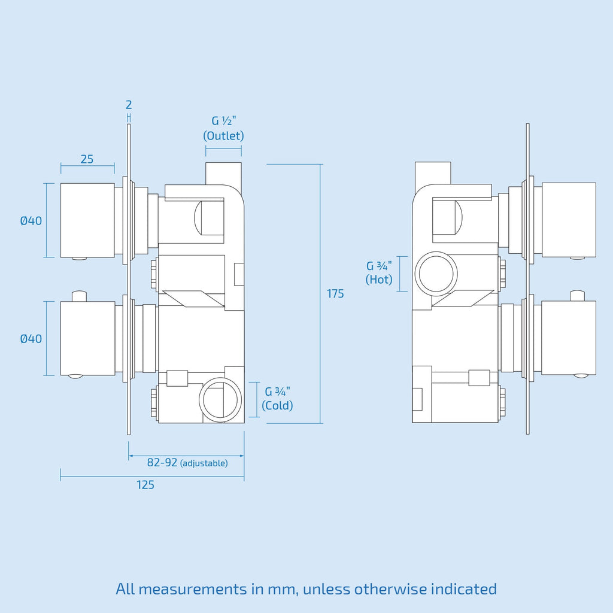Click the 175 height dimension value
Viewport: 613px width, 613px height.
[x=335, y=293]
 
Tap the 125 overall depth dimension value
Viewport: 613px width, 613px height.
[x=145, y=485]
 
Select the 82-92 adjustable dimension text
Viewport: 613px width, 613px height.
[x=187, y=463]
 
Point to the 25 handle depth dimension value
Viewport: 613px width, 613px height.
[x=87, y=159]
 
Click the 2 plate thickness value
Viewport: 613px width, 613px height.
[x=129, y=105]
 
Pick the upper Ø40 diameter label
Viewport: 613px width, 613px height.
[x=31, y=221]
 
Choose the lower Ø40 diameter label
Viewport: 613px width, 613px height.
[x=31, y=339]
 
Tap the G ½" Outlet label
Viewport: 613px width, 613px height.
[x=224, y=128]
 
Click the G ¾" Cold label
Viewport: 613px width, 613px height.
[x=278, y=398]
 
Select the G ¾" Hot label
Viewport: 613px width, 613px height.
[x=379, y=272]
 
